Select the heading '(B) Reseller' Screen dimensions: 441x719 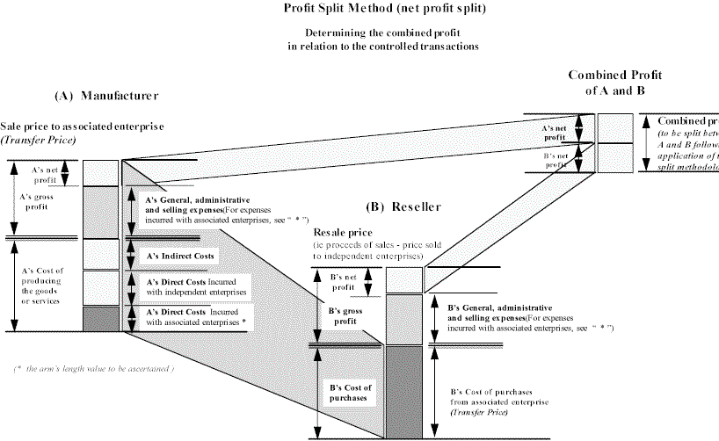tap(403, 207)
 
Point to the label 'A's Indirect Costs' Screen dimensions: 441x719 tap(181, 256)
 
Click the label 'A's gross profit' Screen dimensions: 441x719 tap(38, 203)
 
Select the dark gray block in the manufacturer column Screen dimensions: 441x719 tap(100, 318)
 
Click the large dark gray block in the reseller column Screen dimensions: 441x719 tap(404, 391)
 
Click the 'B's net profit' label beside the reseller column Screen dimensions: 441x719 tap(341, 281)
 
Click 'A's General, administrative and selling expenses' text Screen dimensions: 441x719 tap(199, 205)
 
